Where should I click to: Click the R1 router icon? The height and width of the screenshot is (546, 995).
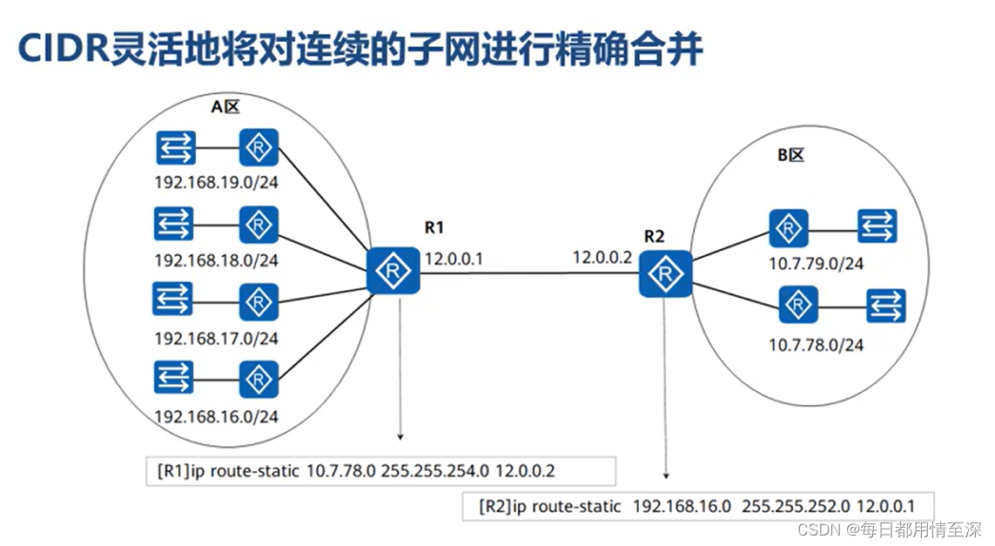coord(393,271)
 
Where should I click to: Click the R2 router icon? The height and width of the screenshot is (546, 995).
coord(666,273)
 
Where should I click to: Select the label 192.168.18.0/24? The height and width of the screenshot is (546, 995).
coord(216,260)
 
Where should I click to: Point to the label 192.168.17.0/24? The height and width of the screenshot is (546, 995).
coord(216,338)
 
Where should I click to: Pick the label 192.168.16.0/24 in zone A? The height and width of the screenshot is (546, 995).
coord(216,416)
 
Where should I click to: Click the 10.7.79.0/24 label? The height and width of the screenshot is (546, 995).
coord(816,263)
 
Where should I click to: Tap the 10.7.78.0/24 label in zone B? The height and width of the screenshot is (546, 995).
coord(816,345)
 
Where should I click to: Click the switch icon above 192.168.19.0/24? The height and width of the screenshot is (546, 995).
coord(177,149)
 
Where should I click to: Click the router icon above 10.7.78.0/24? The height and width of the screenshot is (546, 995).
coord(797,306)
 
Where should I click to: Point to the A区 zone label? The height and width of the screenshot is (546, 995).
coord(225,107)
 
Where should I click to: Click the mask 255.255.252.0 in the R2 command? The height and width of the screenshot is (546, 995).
coord(789,506)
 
